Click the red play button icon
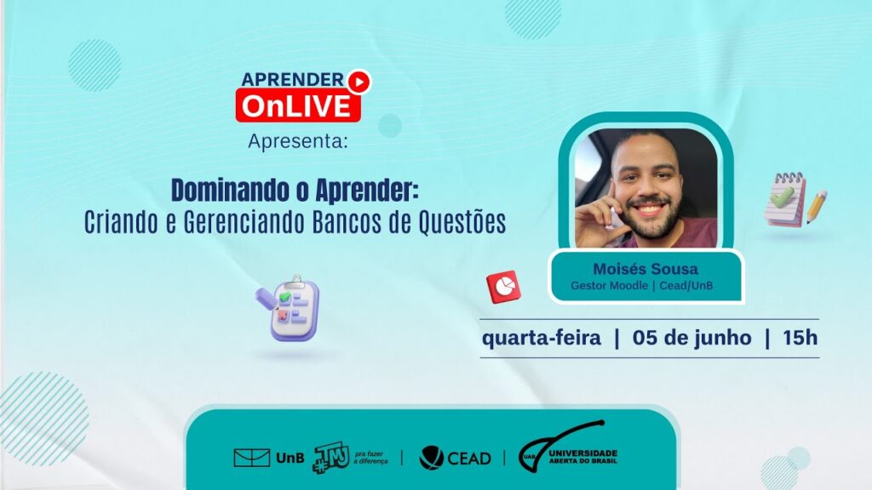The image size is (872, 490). click(x=359, y=83)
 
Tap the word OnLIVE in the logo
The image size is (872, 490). click(x=297, y=106)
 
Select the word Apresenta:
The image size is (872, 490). click(x=297, y=141)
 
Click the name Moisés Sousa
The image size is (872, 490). click(x=645, y=270)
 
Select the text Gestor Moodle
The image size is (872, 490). click(x=609, y=286)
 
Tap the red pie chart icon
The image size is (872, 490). click(x=503, y=287)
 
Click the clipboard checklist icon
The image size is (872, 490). click(x=289, y=308)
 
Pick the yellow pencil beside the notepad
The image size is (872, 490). click(x=817, y=207)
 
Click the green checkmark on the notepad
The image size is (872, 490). click(x=783, y=196)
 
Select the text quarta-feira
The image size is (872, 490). click(x=541, y=338)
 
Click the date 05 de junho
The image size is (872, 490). click(x=691, y=338)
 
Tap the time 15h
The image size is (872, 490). click(x=800, y=338)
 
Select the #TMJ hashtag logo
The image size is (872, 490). click(x=331, y=457)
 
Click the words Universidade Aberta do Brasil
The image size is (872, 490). click(x=582, y=457)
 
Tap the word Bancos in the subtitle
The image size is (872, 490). click(x=347, y=222)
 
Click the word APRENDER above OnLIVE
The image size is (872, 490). click(x=293, y=79)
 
